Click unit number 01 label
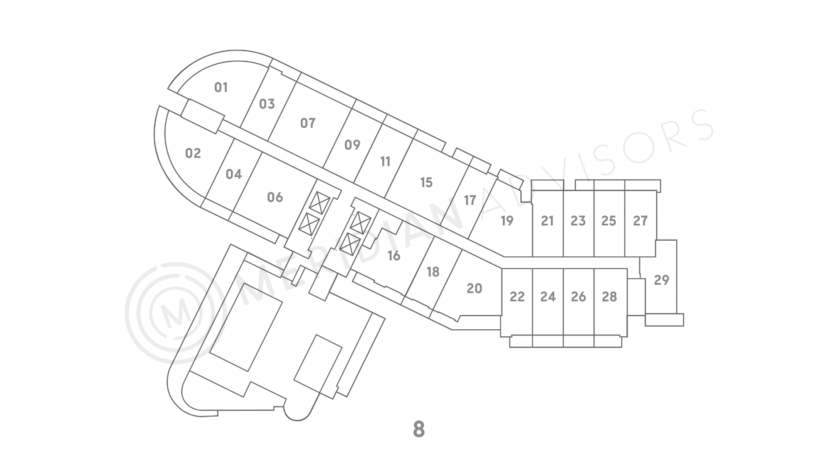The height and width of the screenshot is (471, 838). click(221, 88)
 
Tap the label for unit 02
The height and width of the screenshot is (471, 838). click(193, 153)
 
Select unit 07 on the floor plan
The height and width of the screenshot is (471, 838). click(308, 123)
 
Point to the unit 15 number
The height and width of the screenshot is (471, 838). click(426, 182)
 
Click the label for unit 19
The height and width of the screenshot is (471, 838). click(507, 221)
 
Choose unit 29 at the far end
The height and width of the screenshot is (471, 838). click(662, 280)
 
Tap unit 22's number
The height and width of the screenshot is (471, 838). click(517, 297)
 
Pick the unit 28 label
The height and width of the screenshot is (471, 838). click(609, 297)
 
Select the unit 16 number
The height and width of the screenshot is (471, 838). click(394, 256)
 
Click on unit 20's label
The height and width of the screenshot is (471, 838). click(474, 288)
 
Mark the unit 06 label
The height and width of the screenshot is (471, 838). click(275, 197)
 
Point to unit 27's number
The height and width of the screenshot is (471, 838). click(640, 221)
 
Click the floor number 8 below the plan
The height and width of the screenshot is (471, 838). click(419, 429)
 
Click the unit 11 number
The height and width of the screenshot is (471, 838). click(385, 162)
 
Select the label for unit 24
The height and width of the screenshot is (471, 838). click(548, 297)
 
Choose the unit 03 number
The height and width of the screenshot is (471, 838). click(267, 104)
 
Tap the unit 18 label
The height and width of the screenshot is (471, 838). click(433, 272)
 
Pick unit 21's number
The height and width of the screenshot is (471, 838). click(547, 221)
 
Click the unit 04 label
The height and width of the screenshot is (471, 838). click(234, 174)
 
